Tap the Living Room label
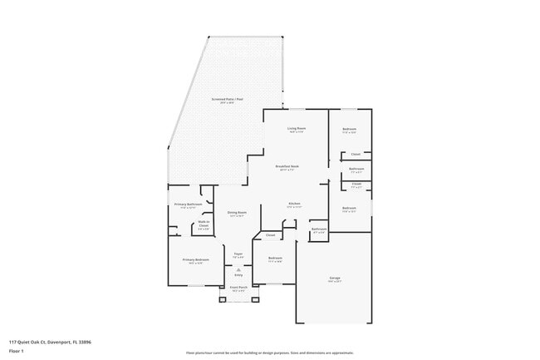297,129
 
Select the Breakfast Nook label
287,166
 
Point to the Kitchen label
294,204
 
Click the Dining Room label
237,212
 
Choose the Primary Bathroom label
189,204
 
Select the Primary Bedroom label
195,260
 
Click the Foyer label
238,254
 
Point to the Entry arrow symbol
238,269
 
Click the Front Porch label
238,288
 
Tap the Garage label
334,278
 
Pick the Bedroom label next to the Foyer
275,259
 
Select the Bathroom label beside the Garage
319,229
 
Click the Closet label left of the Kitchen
270,235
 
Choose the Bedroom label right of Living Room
350,129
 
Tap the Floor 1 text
17,352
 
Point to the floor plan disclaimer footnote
269,353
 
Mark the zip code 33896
86,342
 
